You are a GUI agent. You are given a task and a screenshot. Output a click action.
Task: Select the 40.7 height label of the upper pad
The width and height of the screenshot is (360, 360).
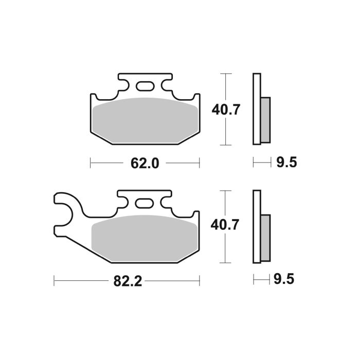225,110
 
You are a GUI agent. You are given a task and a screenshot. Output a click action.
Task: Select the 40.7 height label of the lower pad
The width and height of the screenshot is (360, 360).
225,225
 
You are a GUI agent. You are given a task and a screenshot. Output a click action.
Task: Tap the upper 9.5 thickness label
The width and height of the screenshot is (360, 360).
286,164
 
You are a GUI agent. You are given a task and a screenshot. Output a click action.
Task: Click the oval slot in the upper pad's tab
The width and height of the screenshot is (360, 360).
145,86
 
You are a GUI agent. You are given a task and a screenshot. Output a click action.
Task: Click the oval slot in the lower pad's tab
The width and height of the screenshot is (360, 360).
145,203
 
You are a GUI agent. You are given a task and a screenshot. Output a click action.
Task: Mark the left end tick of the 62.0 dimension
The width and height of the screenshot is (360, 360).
91,164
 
